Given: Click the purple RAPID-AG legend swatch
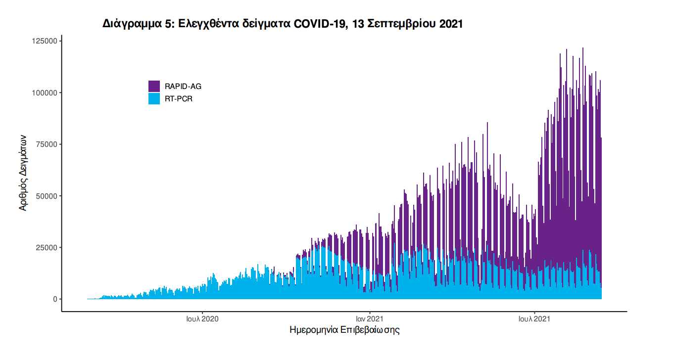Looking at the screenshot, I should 154,86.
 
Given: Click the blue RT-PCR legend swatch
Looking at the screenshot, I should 154,99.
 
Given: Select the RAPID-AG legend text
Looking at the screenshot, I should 183,87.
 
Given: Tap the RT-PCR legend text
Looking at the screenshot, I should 179,99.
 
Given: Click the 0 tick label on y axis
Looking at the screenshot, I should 55,299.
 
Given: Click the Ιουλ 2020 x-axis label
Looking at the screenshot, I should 202,319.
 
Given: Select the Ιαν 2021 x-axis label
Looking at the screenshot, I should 369,319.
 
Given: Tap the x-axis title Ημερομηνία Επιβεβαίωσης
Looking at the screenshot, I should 344,330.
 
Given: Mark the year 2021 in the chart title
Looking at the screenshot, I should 451,24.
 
